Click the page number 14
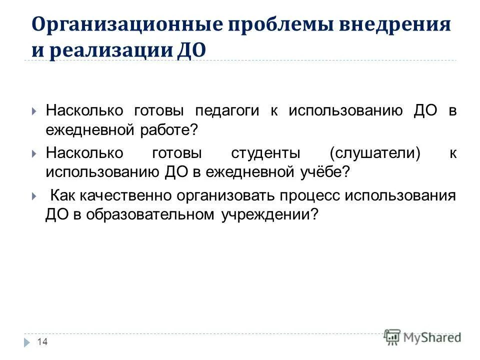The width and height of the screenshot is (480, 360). pos(42,341)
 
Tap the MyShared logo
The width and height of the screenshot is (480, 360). pos(422,337)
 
